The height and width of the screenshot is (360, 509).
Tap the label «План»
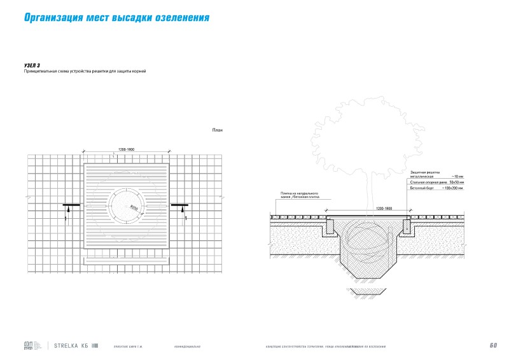coord(217,130)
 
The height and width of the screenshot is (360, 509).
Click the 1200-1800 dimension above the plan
coord(127,149)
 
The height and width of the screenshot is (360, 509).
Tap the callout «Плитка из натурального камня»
coord(299,194)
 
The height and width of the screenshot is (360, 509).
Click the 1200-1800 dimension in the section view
coord(384,208)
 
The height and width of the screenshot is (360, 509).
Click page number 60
coord(493,345)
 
